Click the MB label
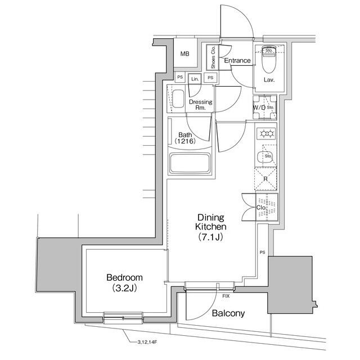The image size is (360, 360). pos(184,54)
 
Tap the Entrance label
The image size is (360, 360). pos(237,61)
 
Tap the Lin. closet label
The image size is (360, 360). pos(195,79)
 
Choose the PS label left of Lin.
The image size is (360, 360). pos(180,77)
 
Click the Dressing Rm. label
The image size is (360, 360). pos(200,105)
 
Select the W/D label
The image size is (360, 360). pos(259,107)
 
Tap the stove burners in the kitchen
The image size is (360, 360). pos(265,134)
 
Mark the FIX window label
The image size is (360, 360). pos(226,295)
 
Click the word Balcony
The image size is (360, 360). pos(228,313)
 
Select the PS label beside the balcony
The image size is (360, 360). pos(262,252)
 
